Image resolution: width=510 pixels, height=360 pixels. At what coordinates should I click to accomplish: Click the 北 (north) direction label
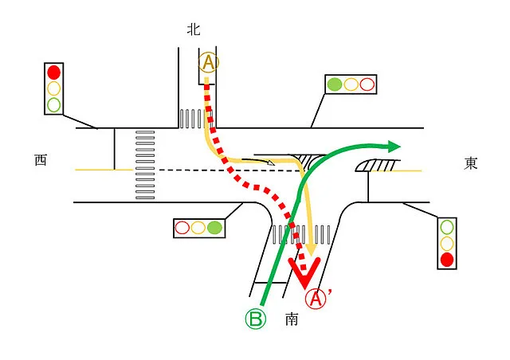(193, 29)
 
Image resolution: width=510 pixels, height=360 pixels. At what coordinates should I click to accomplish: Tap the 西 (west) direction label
(41, 160)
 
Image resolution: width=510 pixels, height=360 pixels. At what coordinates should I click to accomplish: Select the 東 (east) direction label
(471, 163)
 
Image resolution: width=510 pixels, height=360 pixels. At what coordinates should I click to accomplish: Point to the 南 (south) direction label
(292, 319)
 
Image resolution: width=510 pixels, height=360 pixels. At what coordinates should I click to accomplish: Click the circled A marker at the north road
(207, 63)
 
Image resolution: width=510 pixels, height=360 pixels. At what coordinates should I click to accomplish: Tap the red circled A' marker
(318, 299)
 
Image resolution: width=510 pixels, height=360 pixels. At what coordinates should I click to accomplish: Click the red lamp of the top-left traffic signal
(54, 72)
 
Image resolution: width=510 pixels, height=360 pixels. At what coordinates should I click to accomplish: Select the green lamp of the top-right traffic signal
(335, 84)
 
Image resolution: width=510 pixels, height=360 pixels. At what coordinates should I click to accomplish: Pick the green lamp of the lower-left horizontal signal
(214, 228)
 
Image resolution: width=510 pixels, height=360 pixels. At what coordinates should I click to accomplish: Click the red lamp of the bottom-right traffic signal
(447, 259)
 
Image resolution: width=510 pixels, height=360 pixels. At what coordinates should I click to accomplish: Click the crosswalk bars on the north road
(192, 119)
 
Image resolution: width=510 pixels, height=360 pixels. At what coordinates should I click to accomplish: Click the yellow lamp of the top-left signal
(54, 88)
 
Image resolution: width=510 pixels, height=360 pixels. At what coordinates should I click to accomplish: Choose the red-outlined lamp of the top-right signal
(367, 84)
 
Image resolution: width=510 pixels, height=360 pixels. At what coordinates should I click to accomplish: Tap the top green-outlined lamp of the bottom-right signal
(447, 227)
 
